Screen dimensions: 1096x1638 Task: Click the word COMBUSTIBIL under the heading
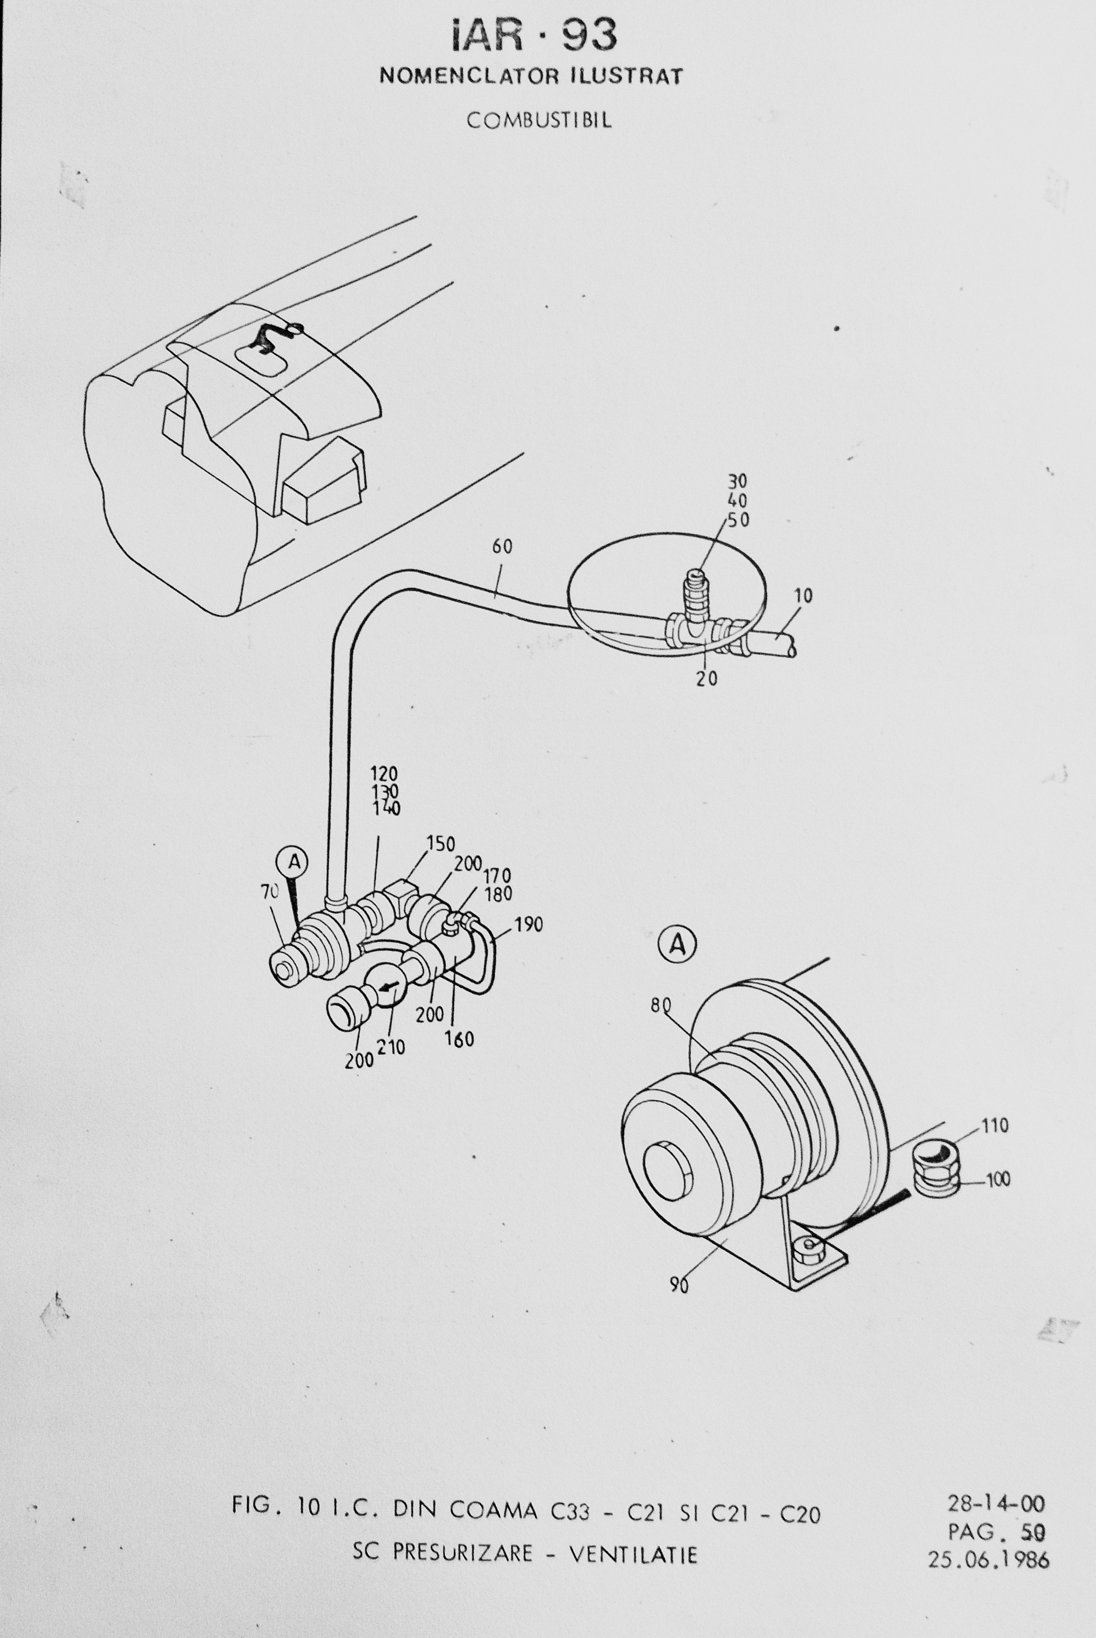tap(539, 120)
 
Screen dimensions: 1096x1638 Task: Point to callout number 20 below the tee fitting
tap(707, 678)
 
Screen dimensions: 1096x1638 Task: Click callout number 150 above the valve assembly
tap(440, 844)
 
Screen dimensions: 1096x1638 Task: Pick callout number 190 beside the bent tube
tap(528, 924)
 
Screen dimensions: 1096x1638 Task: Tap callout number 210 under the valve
tap(391, 1047)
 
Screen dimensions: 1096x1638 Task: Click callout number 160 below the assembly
tap(459, 1039)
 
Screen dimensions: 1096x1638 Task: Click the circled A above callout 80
tap(677, 945)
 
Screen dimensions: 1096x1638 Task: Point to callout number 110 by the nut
tap(995, 1126)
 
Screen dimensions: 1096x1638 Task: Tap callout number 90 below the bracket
tap(679, 1285)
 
